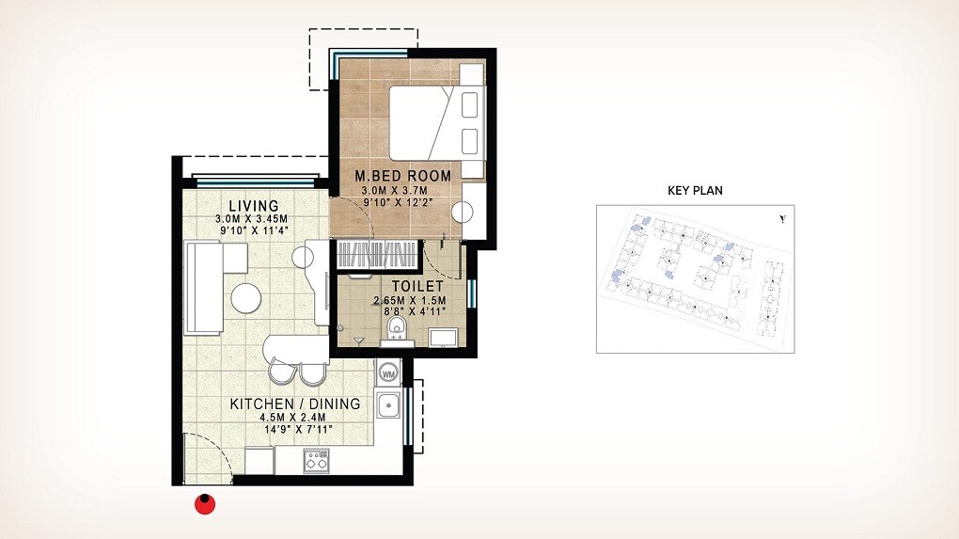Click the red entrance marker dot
[204, 505]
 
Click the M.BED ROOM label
[402, 176]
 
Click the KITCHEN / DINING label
[295, 404]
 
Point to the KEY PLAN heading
[695, 190]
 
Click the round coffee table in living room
[246, 297]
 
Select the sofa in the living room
[202, 287]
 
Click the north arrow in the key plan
[782, 220]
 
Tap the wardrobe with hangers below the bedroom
[377, 254]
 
